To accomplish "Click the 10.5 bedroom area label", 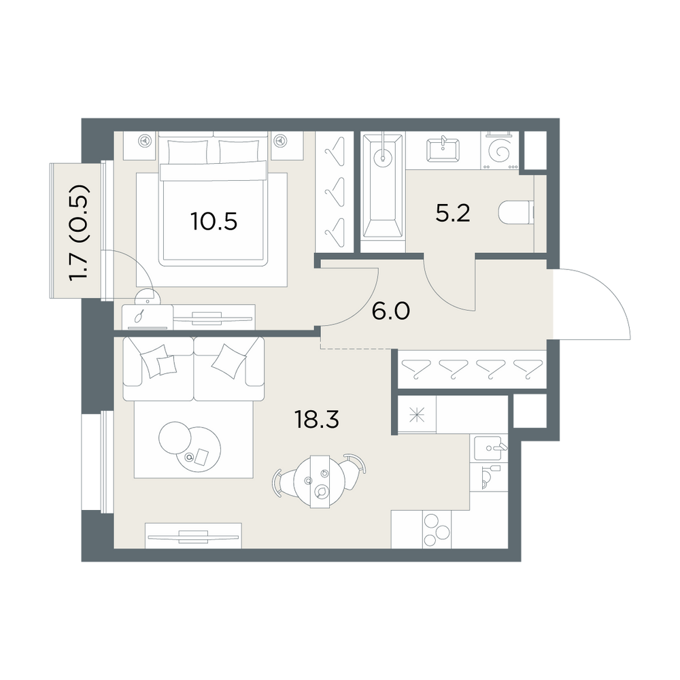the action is pyautogui.click(x=214, y=222).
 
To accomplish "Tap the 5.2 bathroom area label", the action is pyautogui.click(x=453, y=214).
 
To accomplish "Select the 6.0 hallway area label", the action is pyautogui.click(x=391, y=311).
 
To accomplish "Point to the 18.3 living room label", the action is pyautogui.click(x=317, y=420).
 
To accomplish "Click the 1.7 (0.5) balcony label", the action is pyautogui.click(x=81, y=233).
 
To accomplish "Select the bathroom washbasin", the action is pyautogui.click(x=443, y=150).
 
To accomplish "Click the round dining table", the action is pyautogui.click(x=320, y=481).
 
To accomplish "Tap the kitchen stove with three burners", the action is pyautogui.click(x=437, y=529).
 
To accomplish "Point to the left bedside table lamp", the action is pyautogui.click(x=143, y=141).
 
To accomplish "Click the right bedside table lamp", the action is pyautogui.click(x=281, y=141).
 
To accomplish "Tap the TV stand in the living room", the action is pyautogui.click(x=193, y=536).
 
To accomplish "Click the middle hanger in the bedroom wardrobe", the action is pyautogui.click(x=335, y=191).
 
